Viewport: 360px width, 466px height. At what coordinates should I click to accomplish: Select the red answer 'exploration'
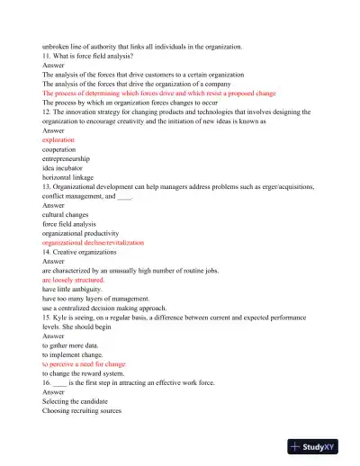coord(58,139)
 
